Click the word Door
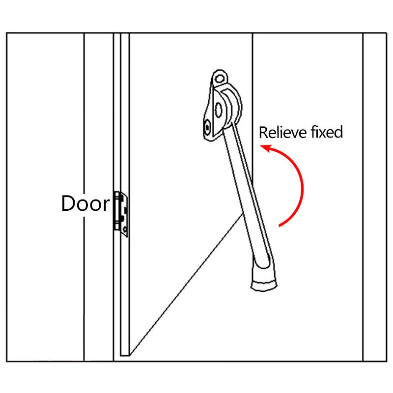point(85,203)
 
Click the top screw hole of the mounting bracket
point(220,78)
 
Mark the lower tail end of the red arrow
point(280,226)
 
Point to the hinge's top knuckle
point(119,196)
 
